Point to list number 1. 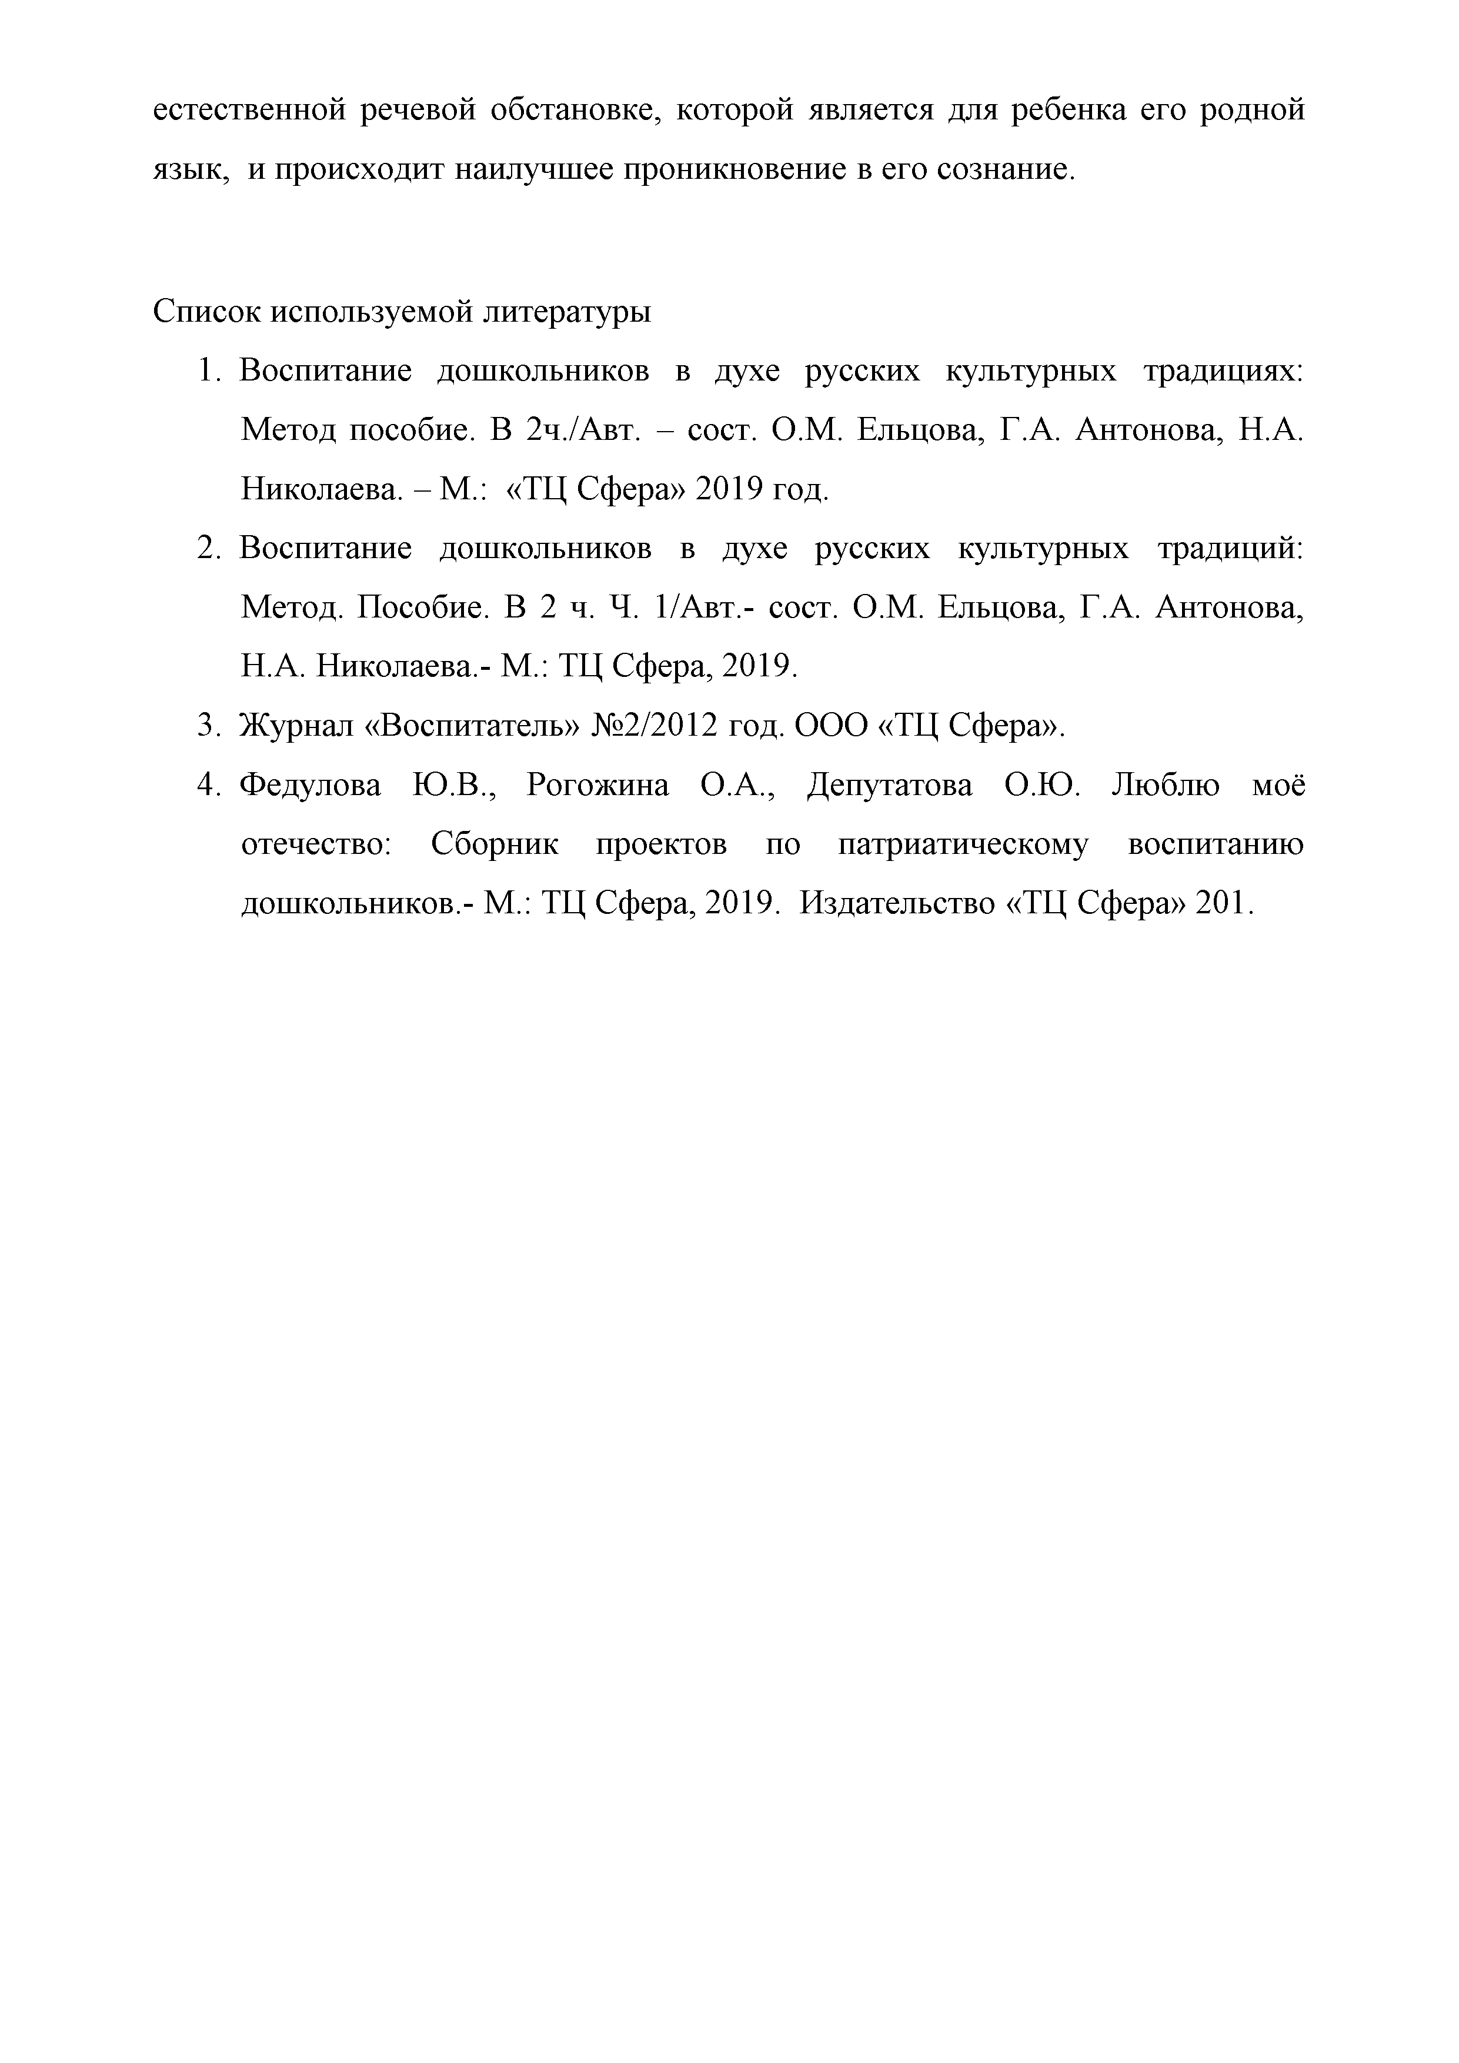208,371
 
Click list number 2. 208,549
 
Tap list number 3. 208,726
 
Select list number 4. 208,785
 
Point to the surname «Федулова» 310,785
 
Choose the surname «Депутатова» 889,785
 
